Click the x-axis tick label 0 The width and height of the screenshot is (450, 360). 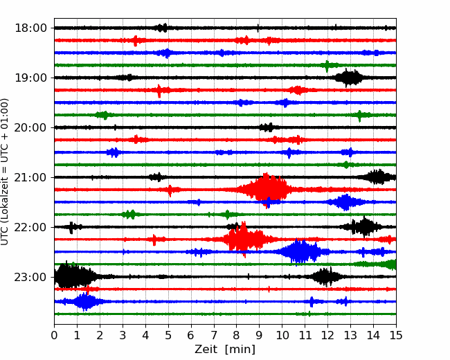(x=55, y=336)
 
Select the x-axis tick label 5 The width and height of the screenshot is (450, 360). (x=168, y=336)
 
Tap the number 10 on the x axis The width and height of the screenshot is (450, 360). (x=282, y=336)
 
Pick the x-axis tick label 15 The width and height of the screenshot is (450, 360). (x=395, y=336)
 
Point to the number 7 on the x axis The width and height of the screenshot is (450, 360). (x=214, y=336)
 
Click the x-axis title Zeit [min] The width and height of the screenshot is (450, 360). (x=225, y=349)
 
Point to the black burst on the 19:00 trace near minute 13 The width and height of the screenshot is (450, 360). (x=350, y=78)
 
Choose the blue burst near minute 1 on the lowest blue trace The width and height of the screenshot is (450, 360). (x=84, y=301)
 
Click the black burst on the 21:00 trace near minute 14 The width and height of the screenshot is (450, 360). (x=377, y=177)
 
